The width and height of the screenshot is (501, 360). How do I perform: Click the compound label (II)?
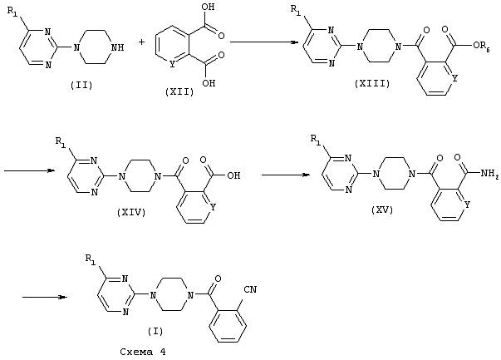coord(81,86)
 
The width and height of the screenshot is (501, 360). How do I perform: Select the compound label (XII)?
coord(179,92)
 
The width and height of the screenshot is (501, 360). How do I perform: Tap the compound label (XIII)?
coord(372,84)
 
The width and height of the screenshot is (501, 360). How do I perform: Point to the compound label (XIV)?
coord(131,212)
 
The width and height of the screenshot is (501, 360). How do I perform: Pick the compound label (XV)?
coord(382,210)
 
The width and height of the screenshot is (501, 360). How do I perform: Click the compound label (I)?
coord(155,331)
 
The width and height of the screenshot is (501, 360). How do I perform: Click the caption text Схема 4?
coord(143,352)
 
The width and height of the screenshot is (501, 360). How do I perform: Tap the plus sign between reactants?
coord(142,42)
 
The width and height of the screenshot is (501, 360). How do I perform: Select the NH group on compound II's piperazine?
coord(116,47)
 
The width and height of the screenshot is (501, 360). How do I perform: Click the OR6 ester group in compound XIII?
coord(481,46)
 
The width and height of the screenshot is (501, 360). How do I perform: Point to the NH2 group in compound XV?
coord(489,174)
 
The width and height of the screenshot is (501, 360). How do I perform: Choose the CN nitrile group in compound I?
coord(250,289)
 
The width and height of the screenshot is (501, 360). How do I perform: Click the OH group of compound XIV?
coord(233,175)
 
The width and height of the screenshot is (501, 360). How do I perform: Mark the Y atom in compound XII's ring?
coord(172,65)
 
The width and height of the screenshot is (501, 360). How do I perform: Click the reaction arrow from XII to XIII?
coord(264,42)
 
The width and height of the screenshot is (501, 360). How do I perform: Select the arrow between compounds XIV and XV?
coord(286,175)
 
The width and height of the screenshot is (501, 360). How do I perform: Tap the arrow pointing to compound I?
coord(45,297)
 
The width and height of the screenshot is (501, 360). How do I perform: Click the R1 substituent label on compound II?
coord(12,12)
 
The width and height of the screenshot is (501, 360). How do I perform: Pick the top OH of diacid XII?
coord(209,7)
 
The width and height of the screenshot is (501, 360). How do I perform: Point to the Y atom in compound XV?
coord(467,205)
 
